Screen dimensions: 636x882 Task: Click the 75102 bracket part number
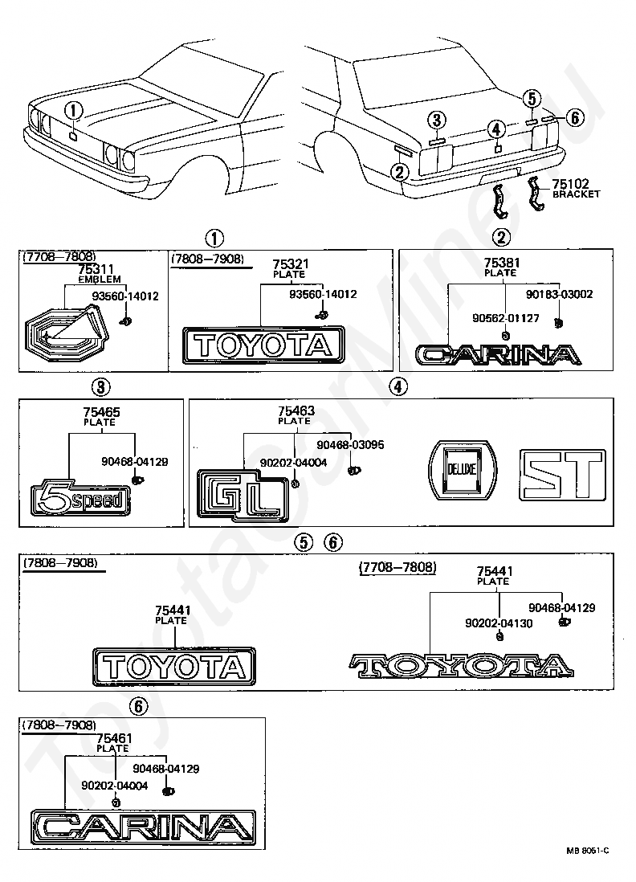click(x=570, y=184)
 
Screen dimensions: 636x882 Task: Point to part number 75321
click(x=290, y=264)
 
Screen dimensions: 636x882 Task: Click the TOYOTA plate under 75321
click(x=263, y=345)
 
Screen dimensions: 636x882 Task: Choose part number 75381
click(x=502, y=263)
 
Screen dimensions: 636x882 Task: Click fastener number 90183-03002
click(x=559, y=294)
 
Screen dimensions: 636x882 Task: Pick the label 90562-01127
click(x=506, y=318)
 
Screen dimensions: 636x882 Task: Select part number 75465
click(x=102, y=412)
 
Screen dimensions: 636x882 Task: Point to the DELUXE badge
click(x=463, y=469)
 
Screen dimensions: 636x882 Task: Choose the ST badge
click(x=562, y=476)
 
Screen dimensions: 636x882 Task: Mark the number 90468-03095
click(x=350, y=445)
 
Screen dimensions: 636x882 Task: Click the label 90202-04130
click(x=499, y=623)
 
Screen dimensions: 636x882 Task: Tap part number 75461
click(x=115, y=738)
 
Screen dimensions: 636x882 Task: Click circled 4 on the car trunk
click(x=495, y=130)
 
